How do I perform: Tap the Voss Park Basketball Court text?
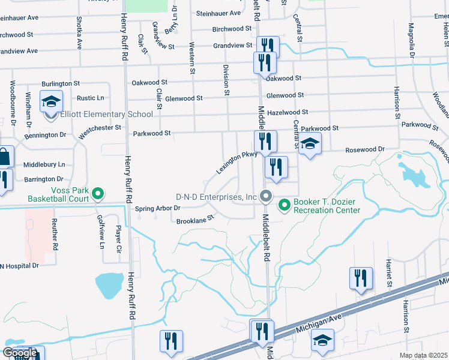(57, 194)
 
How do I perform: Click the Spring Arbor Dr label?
(157, 208)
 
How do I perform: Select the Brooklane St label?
(195, 221)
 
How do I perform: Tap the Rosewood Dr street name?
(364, 149)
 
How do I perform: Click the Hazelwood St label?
(288, 112)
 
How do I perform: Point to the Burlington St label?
(61, 84)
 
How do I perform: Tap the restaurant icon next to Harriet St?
(361, 278)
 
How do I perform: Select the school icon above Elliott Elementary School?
(51, 101)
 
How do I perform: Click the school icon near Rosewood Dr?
(310, 144)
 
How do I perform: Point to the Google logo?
(20, 353)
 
